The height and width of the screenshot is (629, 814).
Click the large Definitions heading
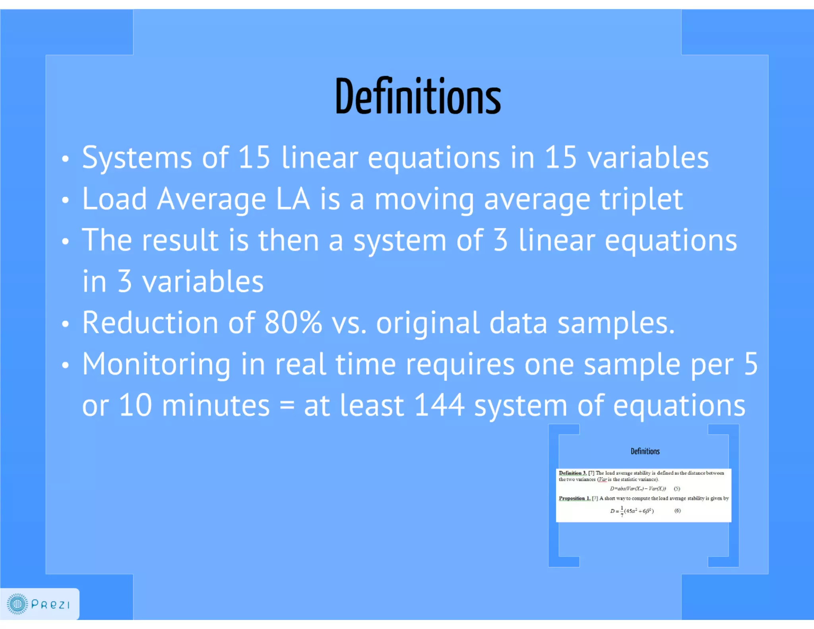pyautogui.click(x=418, y=97)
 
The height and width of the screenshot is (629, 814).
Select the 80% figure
pyautogui.click(x=293, y=322)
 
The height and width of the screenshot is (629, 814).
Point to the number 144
pyautogui.click(x=439, y=405)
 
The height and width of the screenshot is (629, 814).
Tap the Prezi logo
pyautogui.click(x=39, y=604)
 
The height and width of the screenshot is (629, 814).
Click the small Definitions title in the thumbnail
pyautogui.click(x=645, y=451)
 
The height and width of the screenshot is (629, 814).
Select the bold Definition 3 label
pyautogui.click(x=572, y=473)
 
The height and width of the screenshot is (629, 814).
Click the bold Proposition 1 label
pyautogui.click(x=574, y=498)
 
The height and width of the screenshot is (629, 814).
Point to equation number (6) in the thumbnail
pyautogui.click(x=677, y=511)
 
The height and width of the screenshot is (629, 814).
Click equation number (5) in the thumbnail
pyautogui.click(x=677, y=489)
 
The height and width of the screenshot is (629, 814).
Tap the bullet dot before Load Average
pyautogui.click(x=66, y=200)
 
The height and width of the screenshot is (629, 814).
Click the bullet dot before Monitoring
pyautogui.click(x=66, y=365)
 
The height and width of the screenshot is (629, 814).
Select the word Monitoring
pyautogui.click(x=156, y=364)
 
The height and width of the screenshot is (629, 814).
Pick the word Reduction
pyautogui.click(x=150, y=322)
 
